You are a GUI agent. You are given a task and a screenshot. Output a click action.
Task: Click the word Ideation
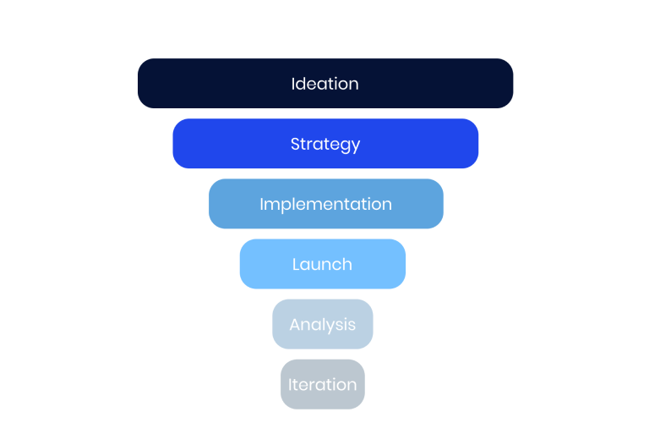tap(325, 84)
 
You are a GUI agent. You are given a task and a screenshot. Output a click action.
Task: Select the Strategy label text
tap(325, 144)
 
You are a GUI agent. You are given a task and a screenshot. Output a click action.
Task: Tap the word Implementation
tap(325, 204)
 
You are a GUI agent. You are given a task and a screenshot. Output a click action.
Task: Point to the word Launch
tap(322, 264)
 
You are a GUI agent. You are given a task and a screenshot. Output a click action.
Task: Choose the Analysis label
tap(322, 324)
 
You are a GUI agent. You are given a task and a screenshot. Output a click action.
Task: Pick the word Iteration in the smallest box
tap(322, 384)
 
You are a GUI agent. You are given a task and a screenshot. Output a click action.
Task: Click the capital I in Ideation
tap(293, 84)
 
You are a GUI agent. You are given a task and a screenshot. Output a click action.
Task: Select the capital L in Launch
tap(296, 264)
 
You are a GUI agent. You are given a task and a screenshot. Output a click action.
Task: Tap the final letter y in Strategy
tap(355, 146)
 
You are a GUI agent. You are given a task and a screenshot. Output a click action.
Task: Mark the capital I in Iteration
tap(290, 384)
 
